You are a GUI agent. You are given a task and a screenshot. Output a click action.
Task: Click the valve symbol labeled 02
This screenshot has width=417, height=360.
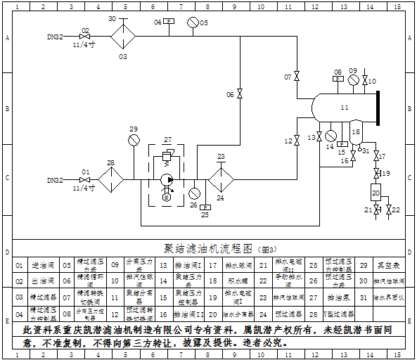pos(85,36)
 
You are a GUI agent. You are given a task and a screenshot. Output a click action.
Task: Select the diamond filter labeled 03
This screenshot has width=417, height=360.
pos(123,36)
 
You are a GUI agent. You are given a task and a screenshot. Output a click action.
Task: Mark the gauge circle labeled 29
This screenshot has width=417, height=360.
pos(134,140)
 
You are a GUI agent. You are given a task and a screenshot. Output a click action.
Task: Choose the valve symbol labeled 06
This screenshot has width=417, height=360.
pos(240,94)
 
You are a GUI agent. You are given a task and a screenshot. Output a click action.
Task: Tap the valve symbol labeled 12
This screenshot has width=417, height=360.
pos(297,141)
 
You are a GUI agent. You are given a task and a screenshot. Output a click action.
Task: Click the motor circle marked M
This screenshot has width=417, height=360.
pos(167,198)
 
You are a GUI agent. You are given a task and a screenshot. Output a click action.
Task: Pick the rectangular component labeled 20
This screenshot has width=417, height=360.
pos(376,192)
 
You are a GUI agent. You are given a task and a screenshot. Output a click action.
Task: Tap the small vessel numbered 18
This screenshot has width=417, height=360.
pos(356,133)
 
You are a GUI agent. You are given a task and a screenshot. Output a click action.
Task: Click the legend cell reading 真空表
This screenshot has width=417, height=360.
pos(383,265)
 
